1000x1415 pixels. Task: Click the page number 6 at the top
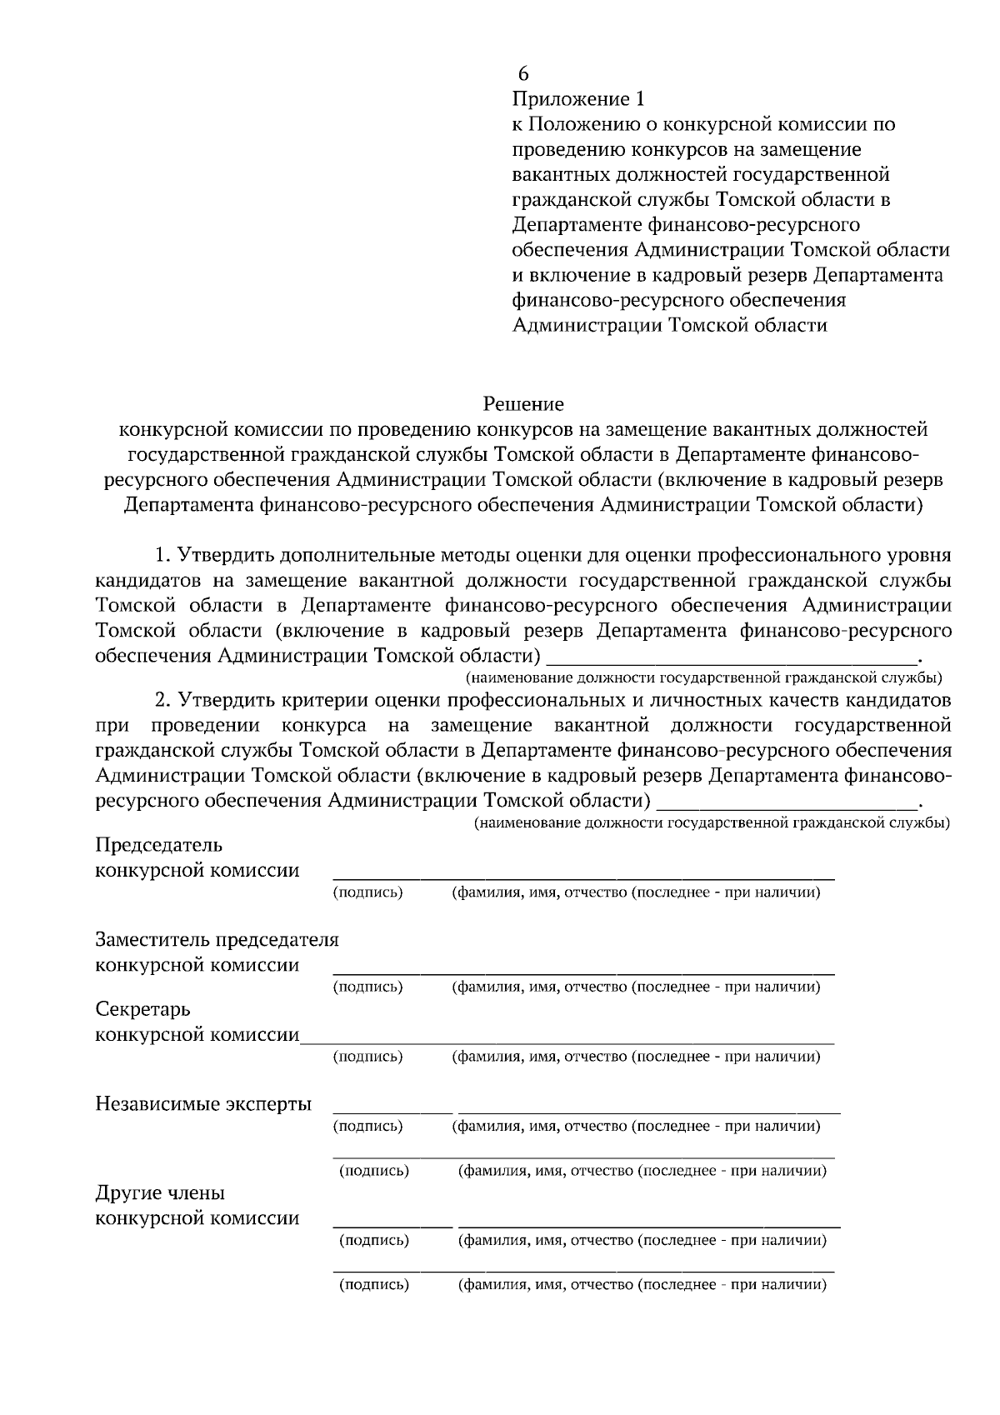click(x=523, y=74)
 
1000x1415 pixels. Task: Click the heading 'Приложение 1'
click(x=577, y=100)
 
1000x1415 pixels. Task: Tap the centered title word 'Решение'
click(x=523, y=405)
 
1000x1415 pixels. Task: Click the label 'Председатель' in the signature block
click(x=159, y=845)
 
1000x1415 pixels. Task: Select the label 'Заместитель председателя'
click(x=217, y=940)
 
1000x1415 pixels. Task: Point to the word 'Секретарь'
click(x=143, y=1009)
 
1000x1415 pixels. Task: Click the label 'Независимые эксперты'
click(x=203, y=1104)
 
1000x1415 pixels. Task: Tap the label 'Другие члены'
click(x=160, y=1192)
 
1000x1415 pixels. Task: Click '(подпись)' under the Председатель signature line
click(x=367, y=893)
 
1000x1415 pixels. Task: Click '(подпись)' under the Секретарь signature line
click(x=367, y=1057)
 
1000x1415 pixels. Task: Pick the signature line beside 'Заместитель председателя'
click(x=583, y=972)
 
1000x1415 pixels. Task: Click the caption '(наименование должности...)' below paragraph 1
click(x=704, y=676)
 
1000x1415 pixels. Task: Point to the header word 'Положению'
click(x=581, y=125)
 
